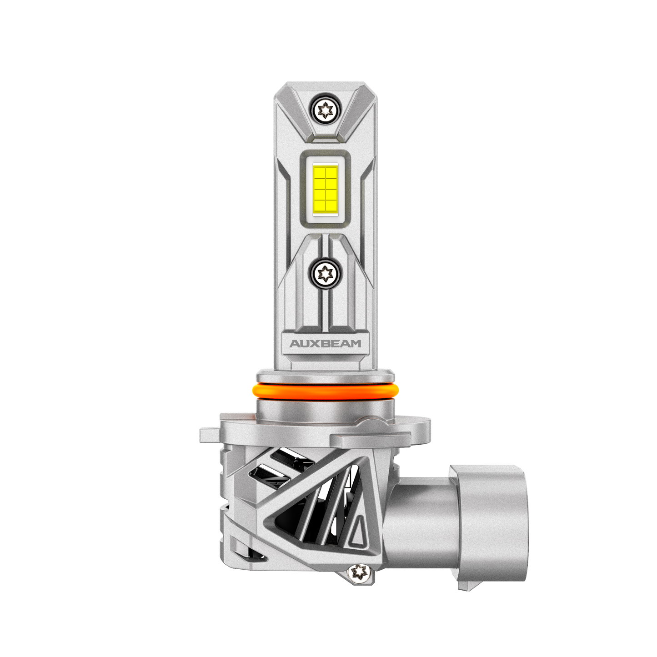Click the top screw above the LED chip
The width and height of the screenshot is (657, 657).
pos(325,109)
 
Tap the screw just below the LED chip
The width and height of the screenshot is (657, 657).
pos(325,273)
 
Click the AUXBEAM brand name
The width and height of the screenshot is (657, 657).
pos(326,344)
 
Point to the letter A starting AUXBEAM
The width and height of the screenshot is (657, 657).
pos(295,344)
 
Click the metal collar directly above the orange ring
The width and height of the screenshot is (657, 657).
pos(325,375)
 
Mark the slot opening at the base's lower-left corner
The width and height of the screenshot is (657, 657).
pos(246,552)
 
